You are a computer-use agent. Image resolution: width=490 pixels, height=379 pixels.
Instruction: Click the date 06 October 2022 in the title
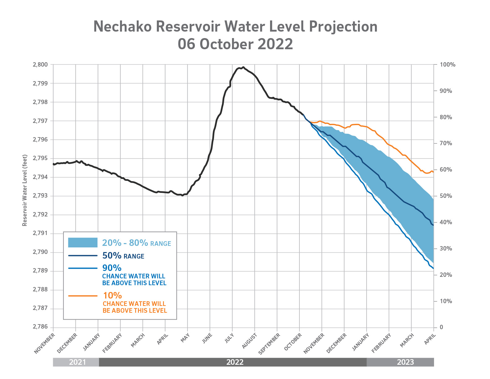click(x=235, y=44)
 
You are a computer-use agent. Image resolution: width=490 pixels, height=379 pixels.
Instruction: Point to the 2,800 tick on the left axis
click(x=41, y=65)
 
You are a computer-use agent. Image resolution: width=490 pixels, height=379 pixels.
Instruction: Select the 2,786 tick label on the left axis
click(x=41, y=327)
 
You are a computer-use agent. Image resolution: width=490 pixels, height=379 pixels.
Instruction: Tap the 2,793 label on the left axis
click(x=41, y=196)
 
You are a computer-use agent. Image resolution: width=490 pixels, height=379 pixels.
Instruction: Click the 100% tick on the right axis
click(x=448, y=65)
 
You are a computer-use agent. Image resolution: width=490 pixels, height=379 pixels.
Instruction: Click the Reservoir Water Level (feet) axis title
click(x=25, y=190)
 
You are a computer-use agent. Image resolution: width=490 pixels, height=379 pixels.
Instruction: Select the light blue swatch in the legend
click(x=83, y=242)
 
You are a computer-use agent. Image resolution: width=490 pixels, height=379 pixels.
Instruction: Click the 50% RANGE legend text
click(x=123, y=256)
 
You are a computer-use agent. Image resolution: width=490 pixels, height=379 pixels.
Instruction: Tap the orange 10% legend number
click(x=112, y=295)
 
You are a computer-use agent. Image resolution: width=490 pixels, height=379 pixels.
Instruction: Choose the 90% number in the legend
click(x=112, y=268)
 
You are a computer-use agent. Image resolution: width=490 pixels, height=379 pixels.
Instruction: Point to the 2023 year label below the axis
click(x=405, y=362)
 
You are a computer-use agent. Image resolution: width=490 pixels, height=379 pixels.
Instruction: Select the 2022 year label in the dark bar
click(x=235, y=362)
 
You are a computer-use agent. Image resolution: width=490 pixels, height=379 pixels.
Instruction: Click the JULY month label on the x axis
click(x=229, y=338)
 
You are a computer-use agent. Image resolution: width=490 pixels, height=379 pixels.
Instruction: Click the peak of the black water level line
click(x=243, y=67)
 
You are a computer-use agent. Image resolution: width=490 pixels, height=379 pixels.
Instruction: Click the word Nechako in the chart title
click(x=123, y=27)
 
